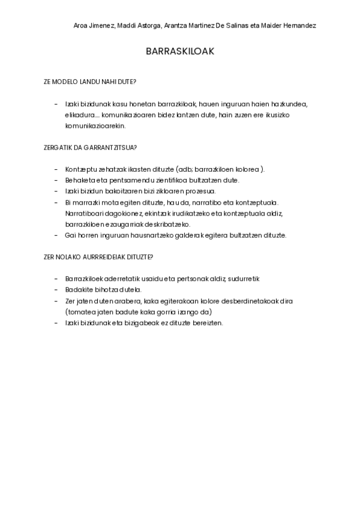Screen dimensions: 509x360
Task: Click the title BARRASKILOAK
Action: pyautogui.click(x=180, y=52)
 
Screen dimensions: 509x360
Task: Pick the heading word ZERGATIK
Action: pyautogui.click(x=56, y=147)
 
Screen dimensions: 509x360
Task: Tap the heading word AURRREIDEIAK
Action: pyautogui.click(x=106, y=257)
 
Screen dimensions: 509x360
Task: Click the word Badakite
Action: pyautogui.click(x=79, y=290)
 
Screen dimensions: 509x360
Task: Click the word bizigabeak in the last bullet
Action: pyautogui.click(x=141, y=323)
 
